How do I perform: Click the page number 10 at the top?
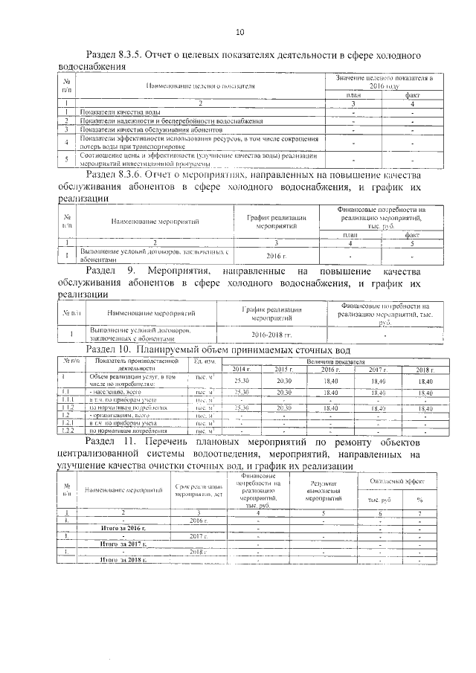pos(239,31)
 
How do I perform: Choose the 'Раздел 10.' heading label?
pos(110,349)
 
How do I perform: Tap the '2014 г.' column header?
pos(242,370)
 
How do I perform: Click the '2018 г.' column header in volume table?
pos(425,370)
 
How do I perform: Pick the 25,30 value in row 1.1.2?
pos(242,408)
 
